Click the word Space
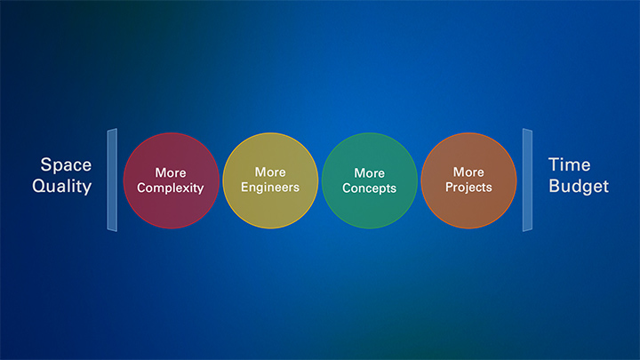[66, 165]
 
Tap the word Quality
[62, 187]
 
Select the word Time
[570, 165]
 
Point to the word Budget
[579, 187]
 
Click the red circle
[172, 180]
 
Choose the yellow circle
[270, 180]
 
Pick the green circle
[370, 180]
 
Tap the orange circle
[468, 180]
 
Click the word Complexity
[170, 188]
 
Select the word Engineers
[270, 188]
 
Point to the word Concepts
[370, 188]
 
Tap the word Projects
[468, 188]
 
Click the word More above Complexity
[171, 172]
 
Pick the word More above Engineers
[270, 172]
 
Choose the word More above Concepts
[370, 173]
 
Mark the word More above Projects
[468, 172]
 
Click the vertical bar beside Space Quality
[112, 180]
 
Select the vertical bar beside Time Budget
[527, 180]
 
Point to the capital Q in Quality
[39, 187]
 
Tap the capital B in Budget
[555, 186]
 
